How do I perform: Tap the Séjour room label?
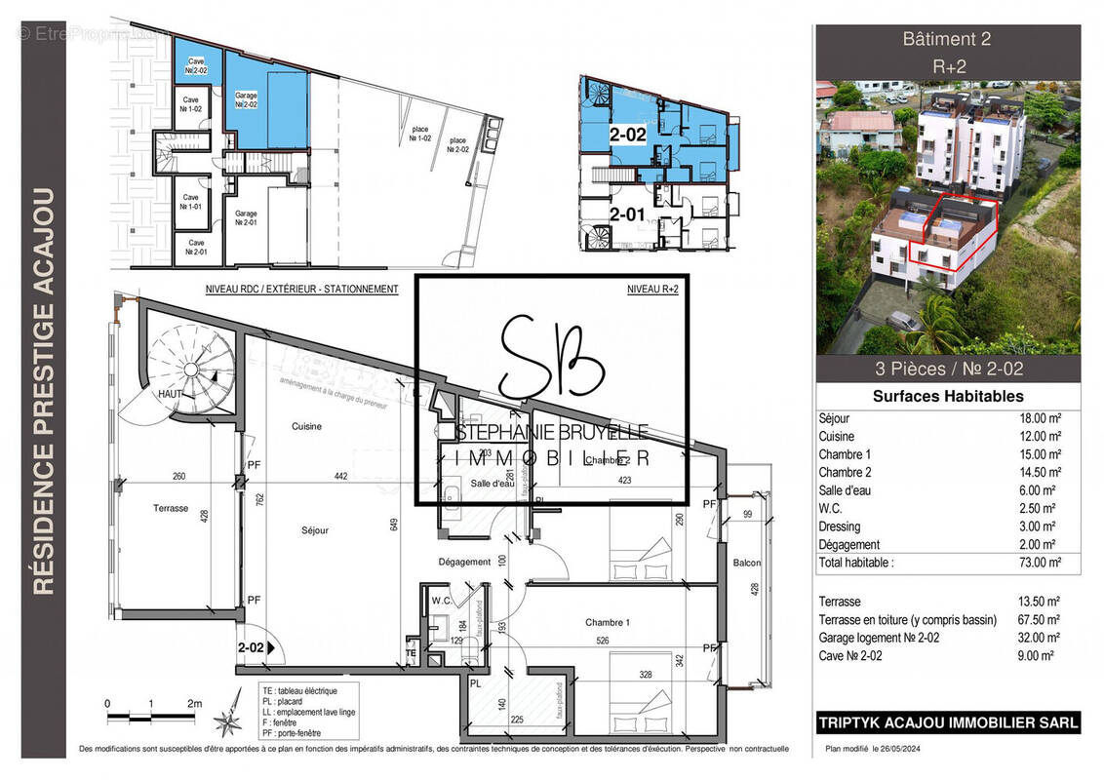pos(314,530)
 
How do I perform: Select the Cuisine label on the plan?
pos(306,427)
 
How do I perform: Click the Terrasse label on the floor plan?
pos(170,508)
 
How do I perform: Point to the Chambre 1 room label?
pos(608,622)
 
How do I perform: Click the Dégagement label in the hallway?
pos(464,562)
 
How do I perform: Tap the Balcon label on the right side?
pos(747,563)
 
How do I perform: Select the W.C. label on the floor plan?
pos(441,601)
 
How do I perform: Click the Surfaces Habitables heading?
pos(947,396)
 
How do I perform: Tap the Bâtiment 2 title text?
pos(947,40)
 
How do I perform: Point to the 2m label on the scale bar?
pos(194,703)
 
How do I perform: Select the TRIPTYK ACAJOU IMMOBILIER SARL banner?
pos(947,722)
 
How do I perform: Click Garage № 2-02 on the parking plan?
pos(246,100)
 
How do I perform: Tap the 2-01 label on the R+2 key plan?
pos(627,214)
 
